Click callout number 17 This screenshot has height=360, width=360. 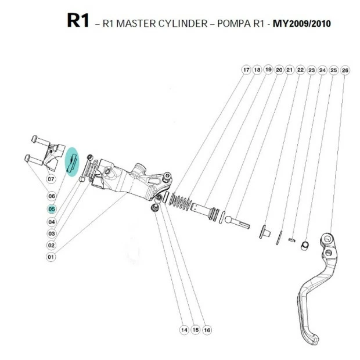tap(246, 70)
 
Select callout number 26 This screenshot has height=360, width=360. tap(345, 70)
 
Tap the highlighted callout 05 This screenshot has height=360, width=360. tap(51, 209)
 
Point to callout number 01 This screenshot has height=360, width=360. tap(51, 257)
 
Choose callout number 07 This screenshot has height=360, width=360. tap(51, 179)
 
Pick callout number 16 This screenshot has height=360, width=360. tap(207, 330)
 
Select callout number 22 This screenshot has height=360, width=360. tap(300, 70)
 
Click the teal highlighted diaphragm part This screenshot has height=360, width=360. tap(72, 162)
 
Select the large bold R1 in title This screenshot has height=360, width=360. tap(78, 21)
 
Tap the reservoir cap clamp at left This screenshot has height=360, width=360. tap(50, 152)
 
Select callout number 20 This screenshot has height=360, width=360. tap(279, 70)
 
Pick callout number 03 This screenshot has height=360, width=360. tap(51, 233)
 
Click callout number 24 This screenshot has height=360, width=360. tap(323, 70)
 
